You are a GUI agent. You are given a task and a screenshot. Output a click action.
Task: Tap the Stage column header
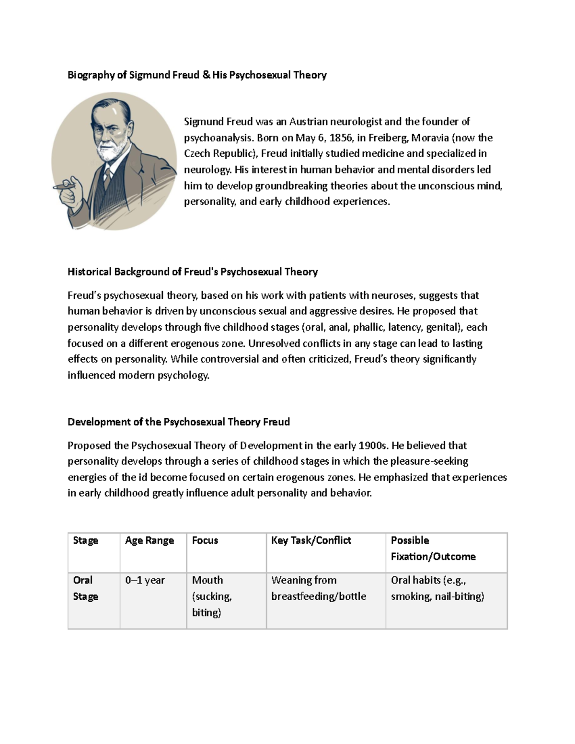click(85, 540)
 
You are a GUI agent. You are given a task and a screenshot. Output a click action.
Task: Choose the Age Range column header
click(149, 540)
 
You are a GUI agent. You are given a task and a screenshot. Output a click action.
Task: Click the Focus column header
click(205, 540)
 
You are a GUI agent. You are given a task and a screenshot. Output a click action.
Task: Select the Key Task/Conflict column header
click(311, 540)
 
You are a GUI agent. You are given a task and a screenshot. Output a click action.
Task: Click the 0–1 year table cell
click(145, 580)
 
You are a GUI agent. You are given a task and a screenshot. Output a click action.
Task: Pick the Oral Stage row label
click(85, 588)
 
